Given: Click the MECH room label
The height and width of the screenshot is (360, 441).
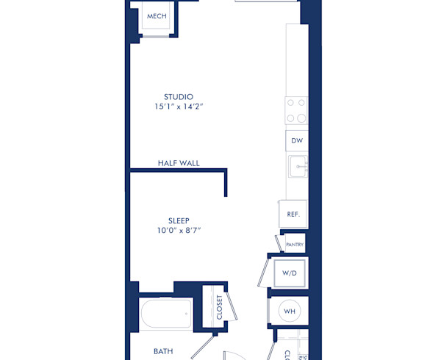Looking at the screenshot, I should coord(156,16).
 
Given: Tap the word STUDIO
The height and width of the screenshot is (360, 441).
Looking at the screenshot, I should coord(179,96).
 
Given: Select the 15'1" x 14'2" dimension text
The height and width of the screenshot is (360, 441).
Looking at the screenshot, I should coord(179,107).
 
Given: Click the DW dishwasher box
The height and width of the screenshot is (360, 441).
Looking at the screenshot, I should coord(297,140).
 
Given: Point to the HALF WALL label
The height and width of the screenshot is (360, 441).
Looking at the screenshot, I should coord(179,163).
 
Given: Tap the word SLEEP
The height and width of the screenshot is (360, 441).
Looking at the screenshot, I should coord(179,220).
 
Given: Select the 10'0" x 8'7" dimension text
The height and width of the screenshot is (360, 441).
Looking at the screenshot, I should coord(179,231).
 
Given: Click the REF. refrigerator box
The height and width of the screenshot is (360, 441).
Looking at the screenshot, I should coord(293,215).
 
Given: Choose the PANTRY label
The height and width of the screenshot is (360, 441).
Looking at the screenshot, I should coord(295,244).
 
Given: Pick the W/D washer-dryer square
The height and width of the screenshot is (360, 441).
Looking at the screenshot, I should coord(290,273).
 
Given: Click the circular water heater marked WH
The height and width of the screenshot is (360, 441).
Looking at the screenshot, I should coord(290,312).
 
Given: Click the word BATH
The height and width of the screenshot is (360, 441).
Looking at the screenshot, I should coord(163,351).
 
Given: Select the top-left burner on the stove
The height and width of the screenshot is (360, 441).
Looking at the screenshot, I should coord(290,103).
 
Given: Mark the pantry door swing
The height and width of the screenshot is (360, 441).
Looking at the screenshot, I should coord(279,243).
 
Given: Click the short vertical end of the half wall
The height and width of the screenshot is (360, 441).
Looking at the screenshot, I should coord(226,184).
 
